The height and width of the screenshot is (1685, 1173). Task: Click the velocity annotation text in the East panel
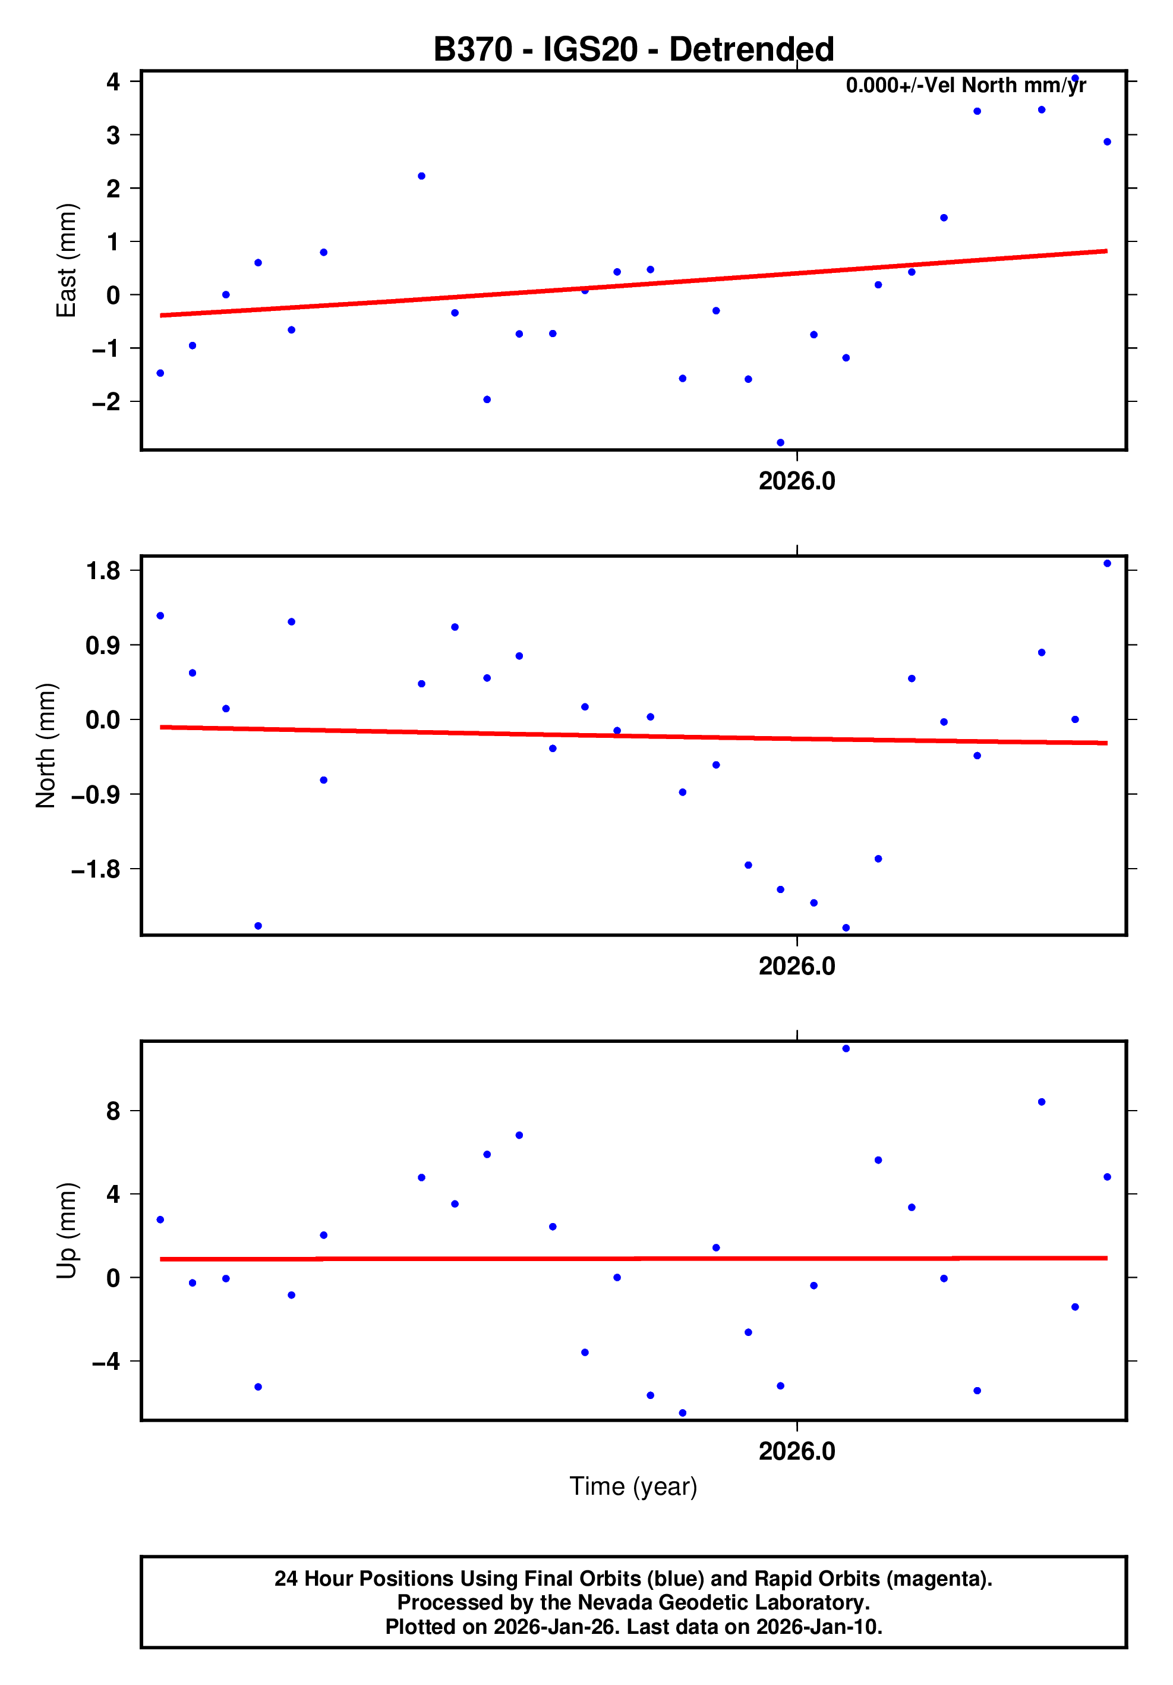[966, 86]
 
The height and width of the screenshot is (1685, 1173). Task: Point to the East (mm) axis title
[66, 260]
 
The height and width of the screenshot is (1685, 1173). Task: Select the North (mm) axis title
[46, 745]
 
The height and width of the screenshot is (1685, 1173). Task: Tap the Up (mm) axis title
[66, 1231]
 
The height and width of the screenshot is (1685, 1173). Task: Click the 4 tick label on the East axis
[113, 81]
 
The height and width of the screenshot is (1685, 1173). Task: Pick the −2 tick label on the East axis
[106, 402]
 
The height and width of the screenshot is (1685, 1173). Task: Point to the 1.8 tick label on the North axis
[103, 571]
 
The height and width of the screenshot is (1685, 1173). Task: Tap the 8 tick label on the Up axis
[113, 1111]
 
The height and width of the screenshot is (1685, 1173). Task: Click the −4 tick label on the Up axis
[106, 1362]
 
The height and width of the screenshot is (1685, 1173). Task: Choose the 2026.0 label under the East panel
[797, 482]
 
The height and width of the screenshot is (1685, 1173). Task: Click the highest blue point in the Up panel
[846, 1049]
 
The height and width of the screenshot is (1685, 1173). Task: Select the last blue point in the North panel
[1107, 564]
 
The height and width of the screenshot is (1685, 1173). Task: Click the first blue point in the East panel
[160, 373]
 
